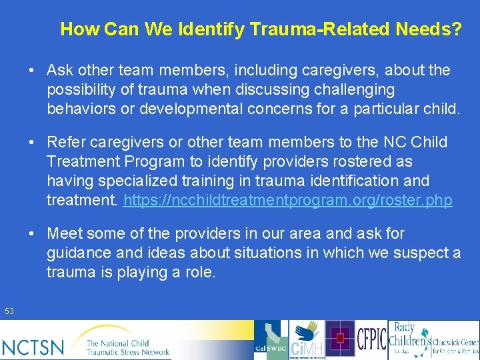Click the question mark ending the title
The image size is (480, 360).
point(455,29)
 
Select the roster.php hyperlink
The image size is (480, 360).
point(288,200)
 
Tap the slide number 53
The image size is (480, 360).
point(9,311)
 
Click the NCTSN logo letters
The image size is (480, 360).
point(34,346)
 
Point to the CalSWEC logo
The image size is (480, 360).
point(271,341)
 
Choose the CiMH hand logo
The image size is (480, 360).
point(307,341)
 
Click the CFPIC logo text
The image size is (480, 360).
point(371,339)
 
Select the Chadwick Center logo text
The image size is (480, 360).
point(455,345)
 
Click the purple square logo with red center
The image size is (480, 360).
point(340,339)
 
